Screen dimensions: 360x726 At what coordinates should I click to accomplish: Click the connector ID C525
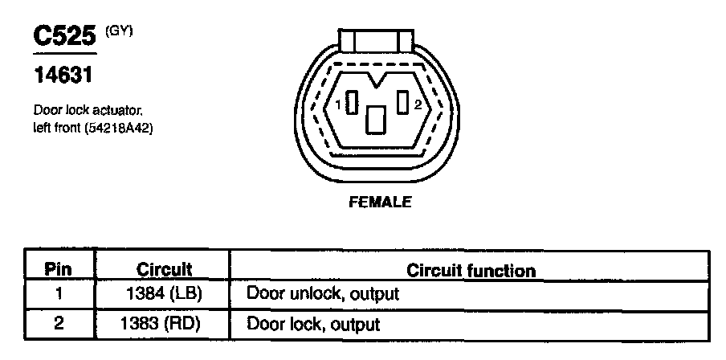click(x=64, y=36)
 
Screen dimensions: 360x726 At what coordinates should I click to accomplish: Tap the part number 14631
click(x=63, y=76)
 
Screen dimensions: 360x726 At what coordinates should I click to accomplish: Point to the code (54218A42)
click(x=120, y=127)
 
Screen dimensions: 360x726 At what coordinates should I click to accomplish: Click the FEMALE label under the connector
click(x=380, y=202)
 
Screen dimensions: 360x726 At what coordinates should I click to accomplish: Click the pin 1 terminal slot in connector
click(x=352, y=104)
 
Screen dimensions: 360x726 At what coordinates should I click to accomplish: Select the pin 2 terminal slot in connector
click(x=402, y=103)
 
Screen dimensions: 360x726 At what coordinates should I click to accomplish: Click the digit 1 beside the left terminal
click(x=339, y=104)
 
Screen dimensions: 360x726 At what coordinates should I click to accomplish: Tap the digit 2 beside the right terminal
click(x=418, y=104)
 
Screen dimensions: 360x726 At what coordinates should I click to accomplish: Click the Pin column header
click(x=57, y=269)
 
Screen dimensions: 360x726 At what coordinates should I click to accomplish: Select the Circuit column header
click(x=164, y=269)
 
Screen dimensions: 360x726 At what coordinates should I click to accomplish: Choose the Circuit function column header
click(x=471, y=269)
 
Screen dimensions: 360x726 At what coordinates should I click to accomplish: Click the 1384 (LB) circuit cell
click(x=164, y=294)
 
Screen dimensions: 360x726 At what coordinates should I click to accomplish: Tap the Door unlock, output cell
click(x=322, y=294)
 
